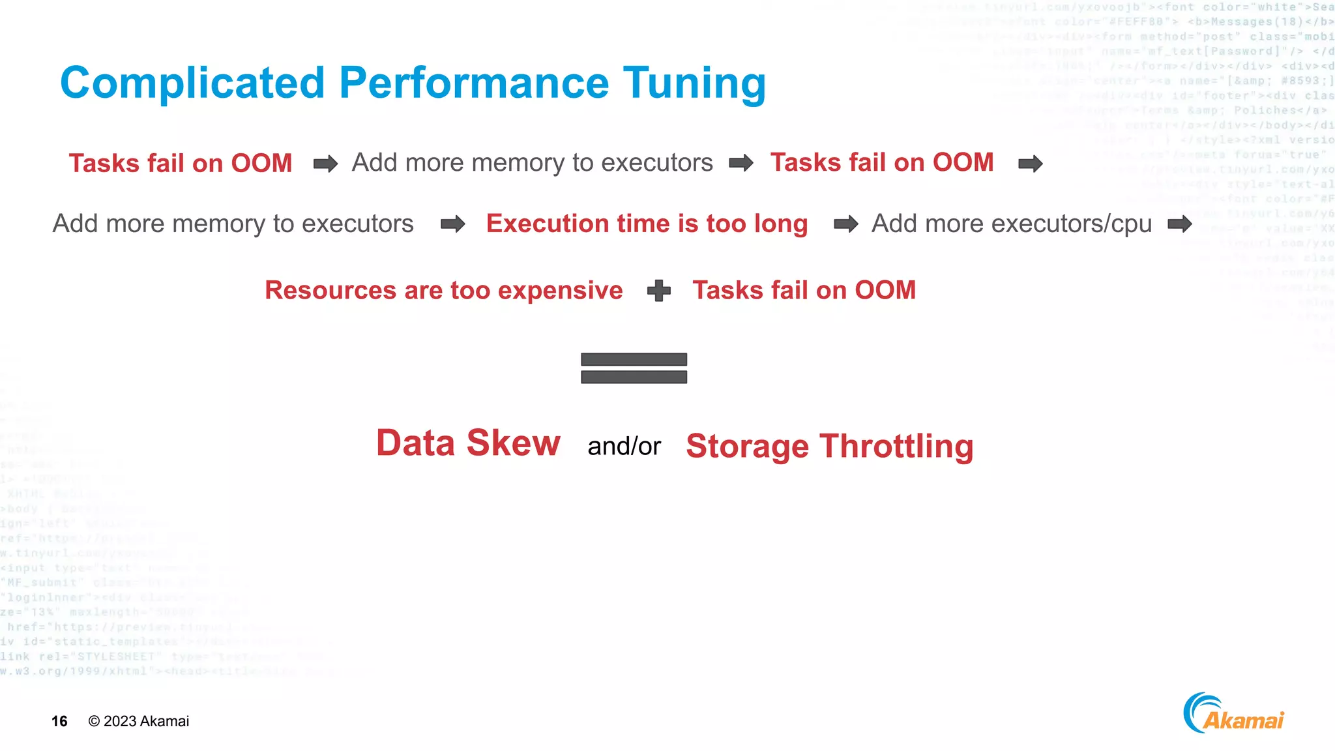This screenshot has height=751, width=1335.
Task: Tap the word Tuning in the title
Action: coord(694,84)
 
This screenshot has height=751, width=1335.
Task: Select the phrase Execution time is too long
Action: coord(647,224)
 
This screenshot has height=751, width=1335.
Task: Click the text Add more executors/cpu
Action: coord(1012,224)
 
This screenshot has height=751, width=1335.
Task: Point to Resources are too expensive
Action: coord(443,290)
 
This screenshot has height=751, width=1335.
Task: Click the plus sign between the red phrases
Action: coord(659,291)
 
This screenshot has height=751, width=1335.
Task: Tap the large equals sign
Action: coord(634,368)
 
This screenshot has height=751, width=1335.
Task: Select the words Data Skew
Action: coord(468,443)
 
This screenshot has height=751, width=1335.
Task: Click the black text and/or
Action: coord(624,447)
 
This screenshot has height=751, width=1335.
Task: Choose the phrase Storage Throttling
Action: coord(830,447)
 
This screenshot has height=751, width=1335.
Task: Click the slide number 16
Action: coord(59,721)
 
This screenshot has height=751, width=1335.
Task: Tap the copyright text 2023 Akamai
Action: coord(139,721)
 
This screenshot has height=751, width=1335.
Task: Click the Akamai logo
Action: coord(1233,714)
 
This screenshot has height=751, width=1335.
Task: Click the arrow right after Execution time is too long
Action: coord(846,224)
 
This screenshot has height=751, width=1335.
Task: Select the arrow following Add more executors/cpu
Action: coord(1180,224)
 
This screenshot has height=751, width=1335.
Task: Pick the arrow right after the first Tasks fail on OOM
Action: coord(325,163)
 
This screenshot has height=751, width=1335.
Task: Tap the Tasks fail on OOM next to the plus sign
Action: coord(804,290)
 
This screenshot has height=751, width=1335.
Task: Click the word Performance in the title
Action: coord(474,83)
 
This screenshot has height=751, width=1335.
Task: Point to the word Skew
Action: coord(513,443)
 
